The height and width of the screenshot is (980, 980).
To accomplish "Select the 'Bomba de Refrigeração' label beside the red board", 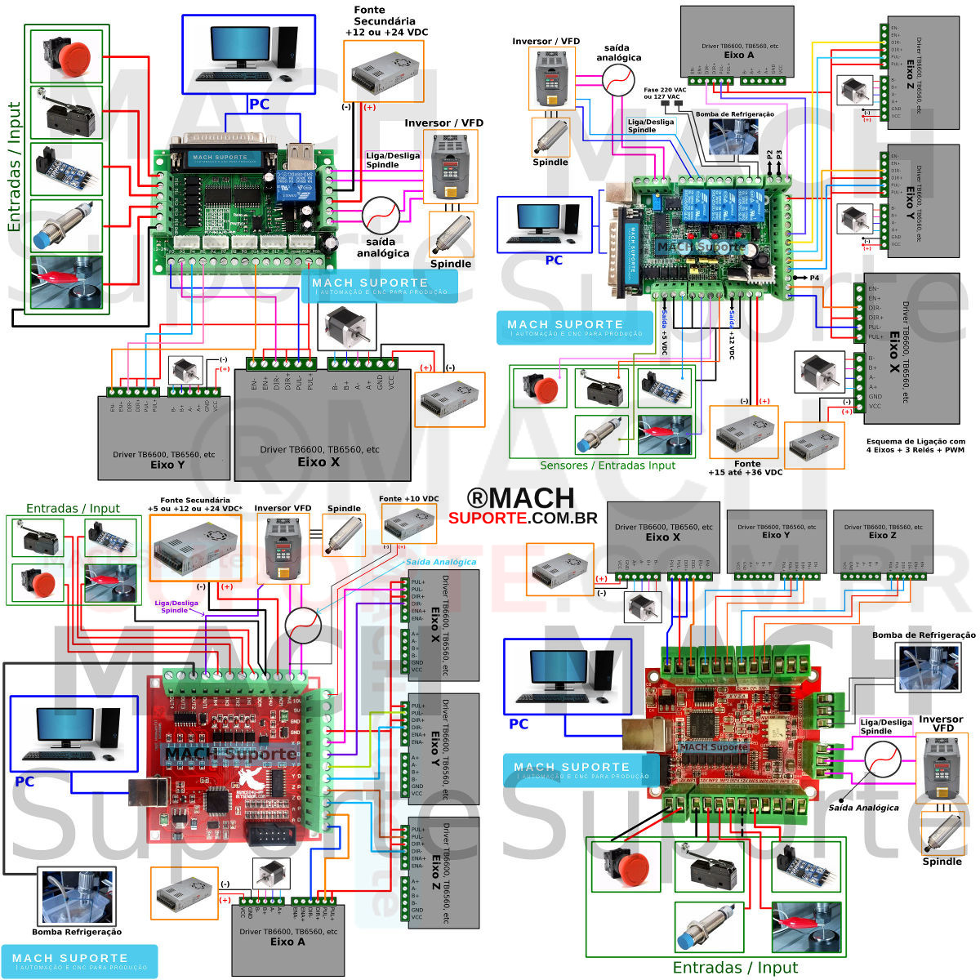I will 924,635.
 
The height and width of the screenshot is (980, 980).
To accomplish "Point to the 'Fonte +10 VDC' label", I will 408,499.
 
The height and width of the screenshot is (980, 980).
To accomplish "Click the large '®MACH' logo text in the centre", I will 520,498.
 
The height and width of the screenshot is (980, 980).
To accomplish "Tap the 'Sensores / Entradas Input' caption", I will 608,465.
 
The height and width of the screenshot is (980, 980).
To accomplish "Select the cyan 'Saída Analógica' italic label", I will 441,562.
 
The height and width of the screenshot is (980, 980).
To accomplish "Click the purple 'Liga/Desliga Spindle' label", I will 174,606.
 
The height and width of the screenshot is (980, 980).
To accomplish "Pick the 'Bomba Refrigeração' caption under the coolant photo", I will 77,932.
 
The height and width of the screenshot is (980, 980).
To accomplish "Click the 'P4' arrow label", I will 813,278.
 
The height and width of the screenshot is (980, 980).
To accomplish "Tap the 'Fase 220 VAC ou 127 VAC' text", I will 661,93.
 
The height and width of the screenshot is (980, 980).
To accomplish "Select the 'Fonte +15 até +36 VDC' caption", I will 745,468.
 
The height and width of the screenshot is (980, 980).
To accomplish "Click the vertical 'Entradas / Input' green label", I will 14,167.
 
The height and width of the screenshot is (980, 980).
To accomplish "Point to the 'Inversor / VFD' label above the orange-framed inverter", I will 443,123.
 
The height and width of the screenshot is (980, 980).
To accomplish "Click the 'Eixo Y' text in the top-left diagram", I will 167,464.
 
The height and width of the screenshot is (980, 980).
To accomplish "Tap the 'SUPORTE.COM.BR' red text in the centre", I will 523,518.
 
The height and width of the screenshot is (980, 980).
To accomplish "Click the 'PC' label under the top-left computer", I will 259,105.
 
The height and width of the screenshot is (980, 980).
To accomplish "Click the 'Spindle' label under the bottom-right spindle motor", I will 942,862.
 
